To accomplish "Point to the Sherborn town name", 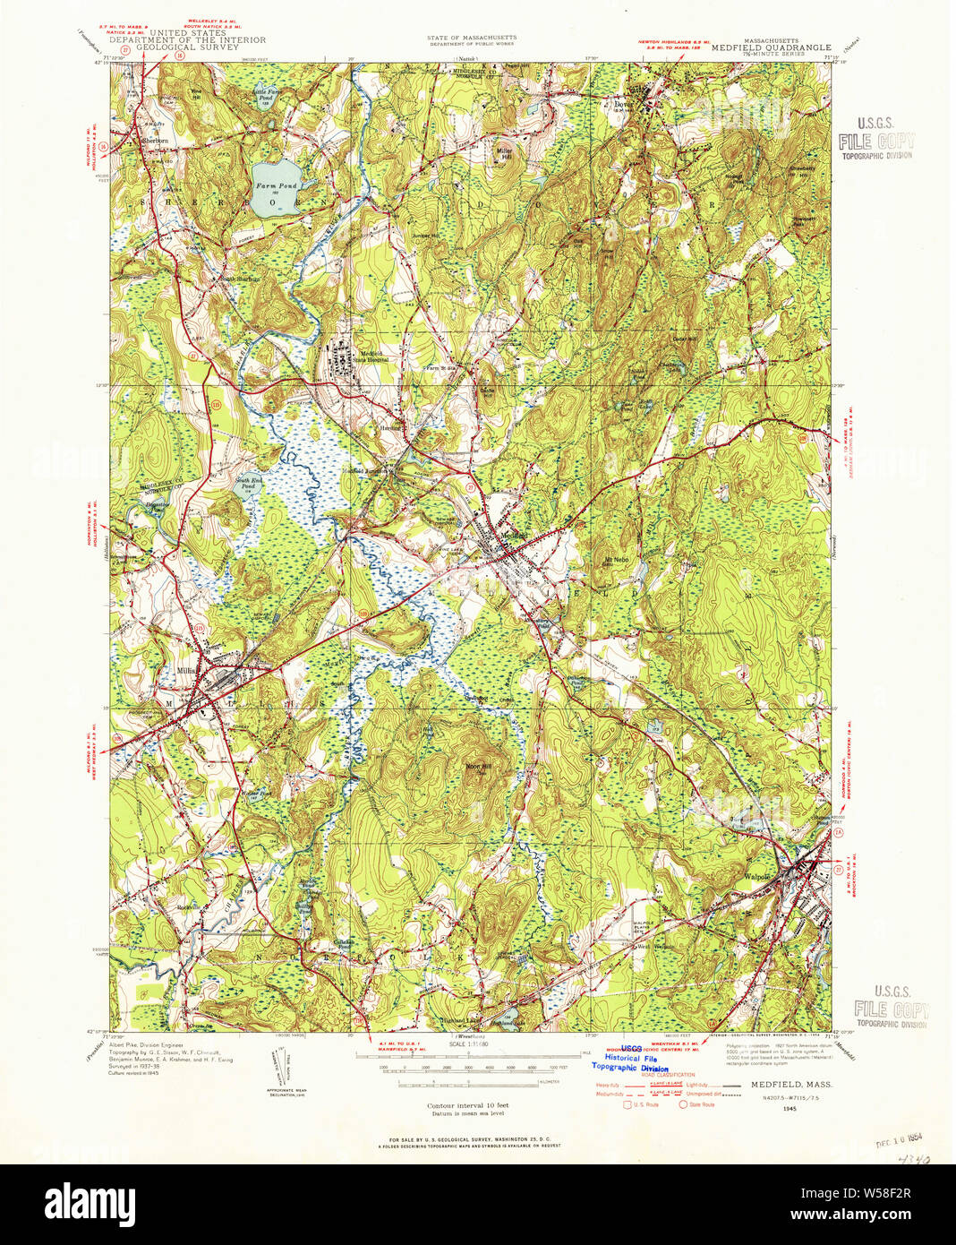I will (155, 141).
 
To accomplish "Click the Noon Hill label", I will (474, 767).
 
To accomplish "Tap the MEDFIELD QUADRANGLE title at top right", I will (771, 48).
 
